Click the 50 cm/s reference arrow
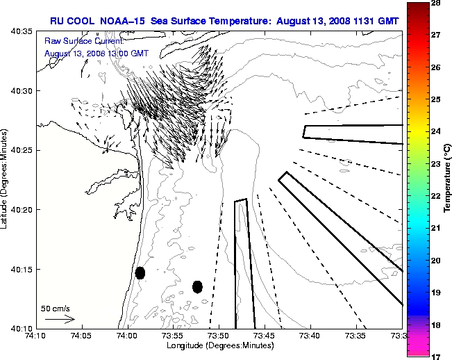[x=60, y=319]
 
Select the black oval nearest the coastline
[x=140, y=272]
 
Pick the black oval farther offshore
[x=197, y=286]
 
